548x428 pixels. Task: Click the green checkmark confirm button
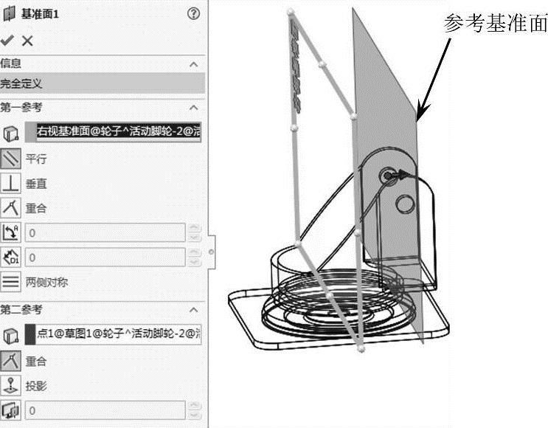coord(7,41)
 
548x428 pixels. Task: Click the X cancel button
coord(27,41)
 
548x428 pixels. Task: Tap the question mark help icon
coord(194,13)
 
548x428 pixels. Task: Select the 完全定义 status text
coord(22,84)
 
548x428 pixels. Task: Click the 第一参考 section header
coord(22,108)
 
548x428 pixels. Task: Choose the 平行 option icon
coord(10,158)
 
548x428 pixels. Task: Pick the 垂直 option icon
coord(10,183)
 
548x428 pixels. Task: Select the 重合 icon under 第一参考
coord(10,208)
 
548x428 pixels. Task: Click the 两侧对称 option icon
coord(10,282)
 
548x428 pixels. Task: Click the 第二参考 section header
coord(22,309)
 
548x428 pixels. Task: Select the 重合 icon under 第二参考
coord(10,361)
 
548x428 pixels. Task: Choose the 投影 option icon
coord(10,385)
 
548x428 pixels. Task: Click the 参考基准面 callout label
coord(495,24)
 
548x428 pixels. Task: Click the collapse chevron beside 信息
coord(194,65)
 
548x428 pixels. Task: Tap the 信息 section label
coord(11,64)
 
